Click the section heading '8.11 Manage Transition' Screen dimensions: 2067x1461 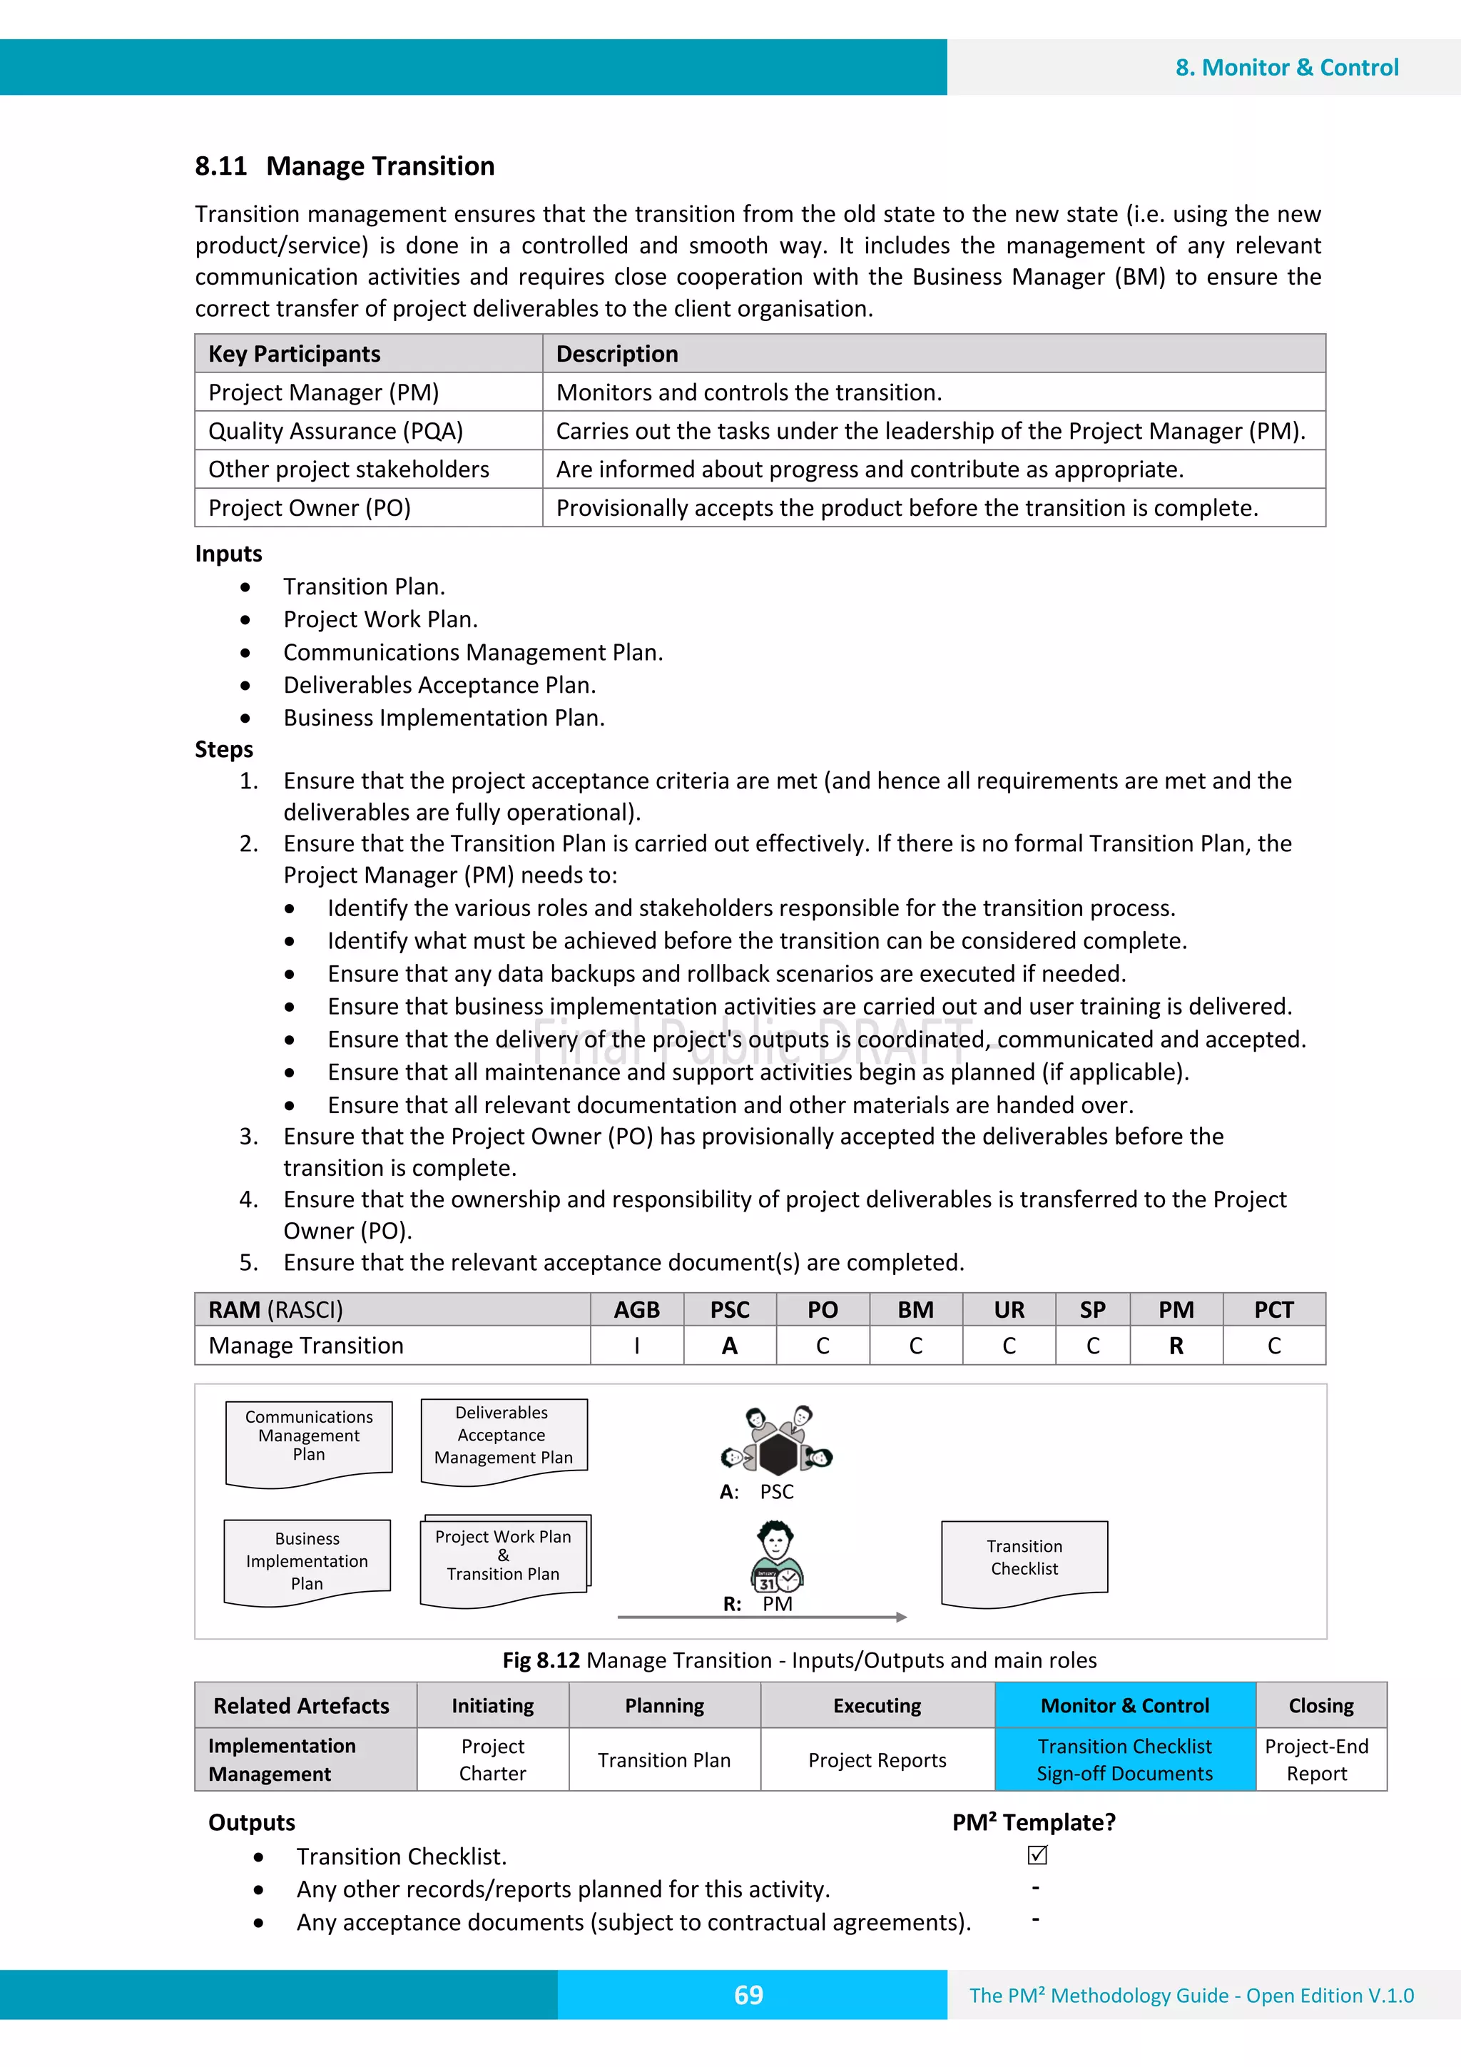click(344, 166)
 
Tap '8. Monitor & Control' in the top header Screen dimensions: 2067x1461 click(1286, 68)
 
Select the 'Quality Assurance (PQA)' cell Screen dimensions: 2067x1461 click(336, 431)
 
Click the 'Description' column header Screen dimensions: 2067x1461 click(616, 354)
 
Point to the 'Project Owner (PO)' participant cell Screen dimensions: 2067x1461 click(310, 509)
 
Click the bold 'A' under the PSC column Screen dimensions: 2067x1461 click(729, 1346)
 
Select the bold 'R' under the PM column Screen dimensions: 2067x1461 click(1176, 1346)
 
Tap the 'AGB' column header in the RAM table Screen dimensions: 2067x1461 click(636, 1310)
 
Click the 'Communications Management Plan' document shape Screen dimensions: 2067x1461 click(309, 1441)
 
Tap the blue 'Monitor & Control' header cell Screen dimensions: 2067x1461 click(1124, 1706)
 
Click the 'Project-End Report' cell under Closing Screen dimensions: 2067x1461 click(1316, 1760)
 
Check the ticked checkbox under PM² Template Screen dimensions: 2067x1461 click(1037, 1855)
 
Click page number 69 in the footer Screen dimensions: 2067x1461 click(748, 1995)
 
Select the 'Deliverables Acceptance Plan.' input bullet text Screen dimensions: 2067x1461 click(439, 685)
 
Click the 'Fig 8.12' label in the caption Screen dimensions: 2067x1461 click(540, 1660)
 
